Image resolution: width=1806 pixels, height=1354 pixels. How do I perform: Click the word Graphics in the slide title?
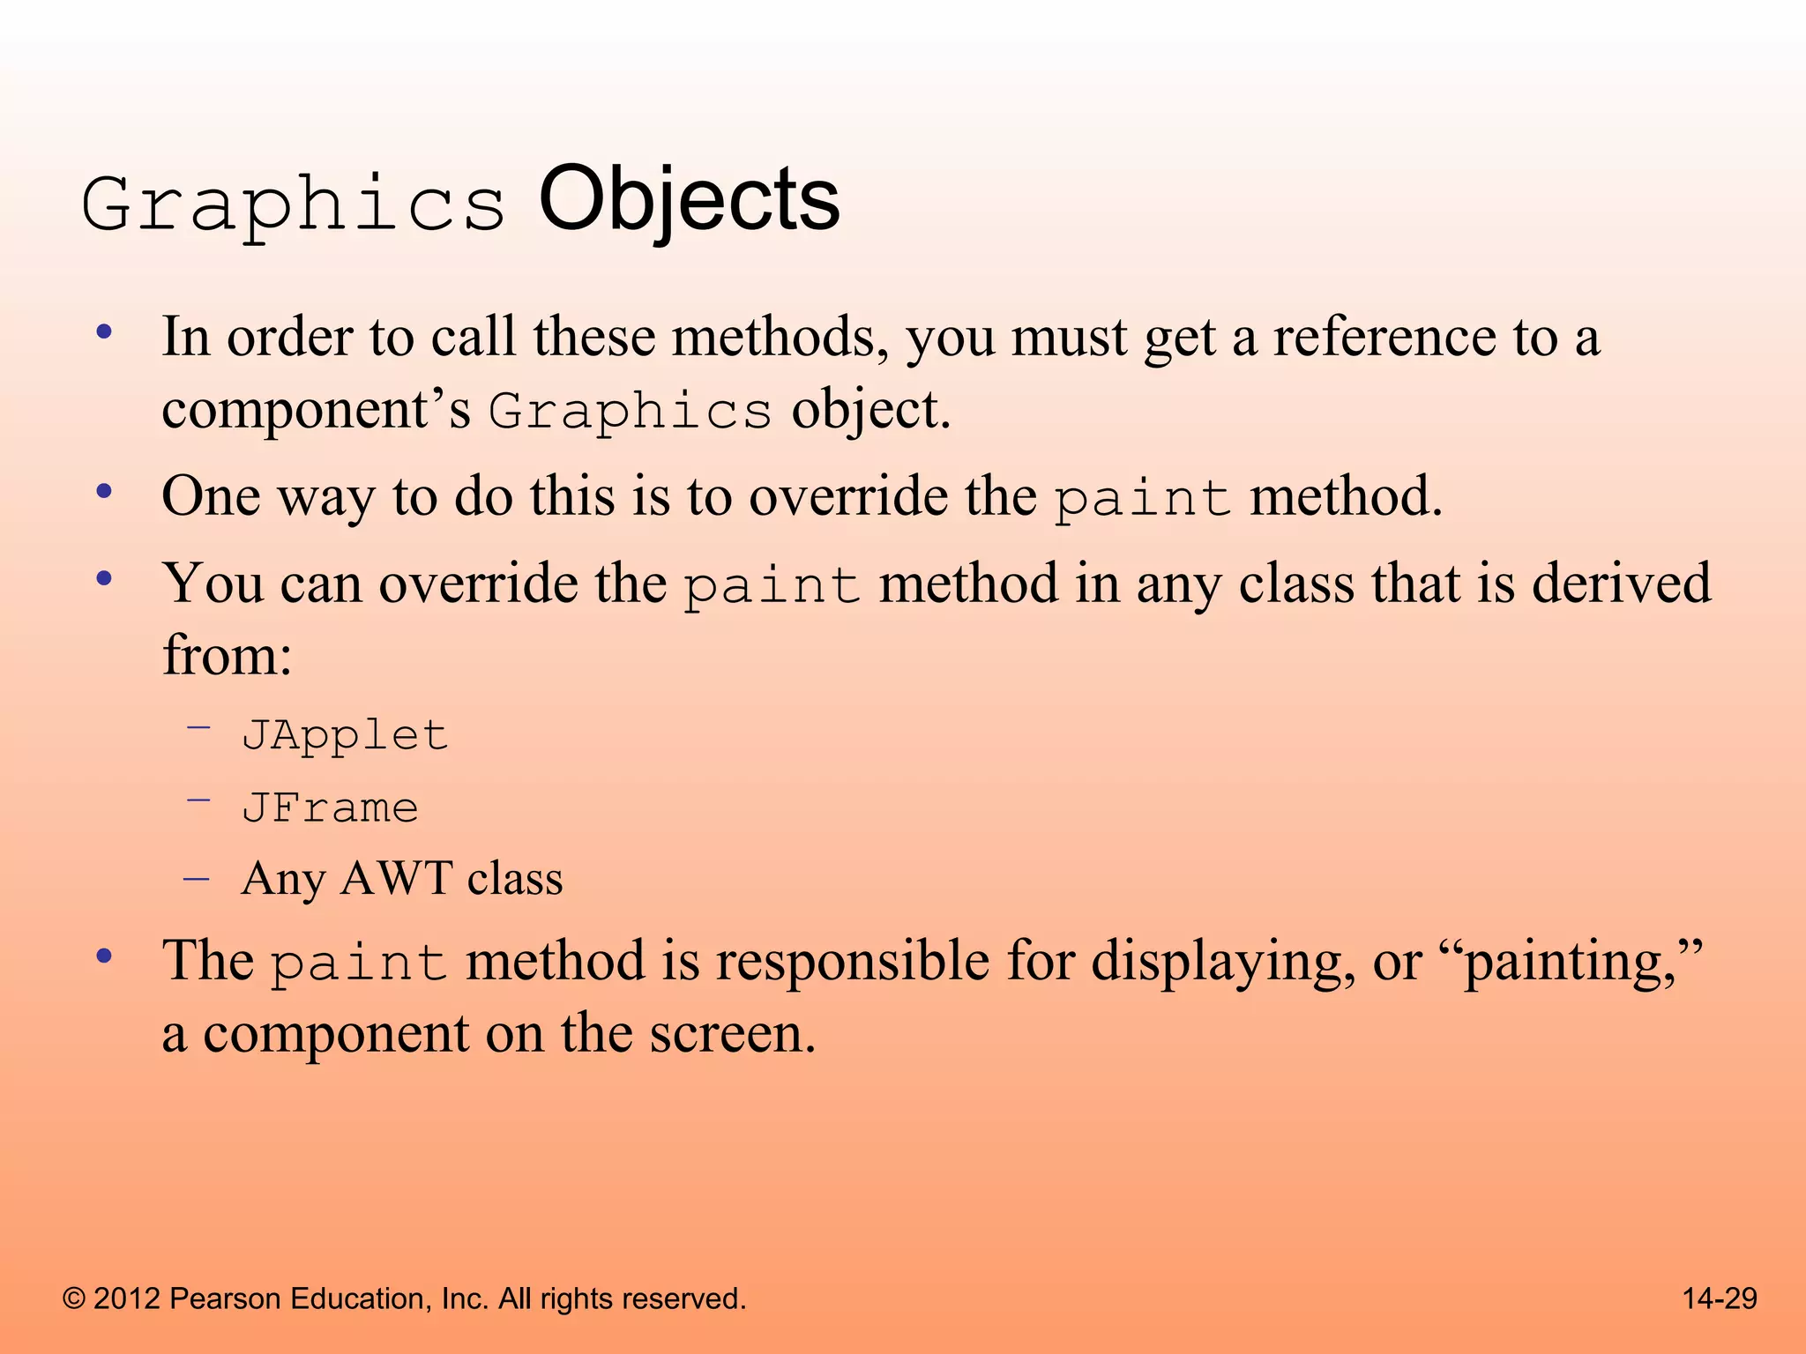[x=294, y=205]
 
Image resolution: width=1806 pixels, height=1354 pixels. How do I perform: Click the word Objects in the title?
[x=689, y=201]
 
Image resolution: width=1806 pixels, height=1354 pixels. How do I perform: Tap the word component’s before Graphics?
[x=317, y=410]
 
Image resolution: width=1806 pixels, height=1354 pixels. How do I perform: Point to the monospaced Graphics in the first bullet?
[x=631, y=412]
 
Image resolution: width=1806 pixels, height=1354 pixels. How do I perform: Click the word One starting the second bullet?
[x=211, y=496]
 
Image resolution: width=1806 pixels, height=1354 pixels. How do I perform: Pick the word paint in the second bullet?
[x=1143, y=499]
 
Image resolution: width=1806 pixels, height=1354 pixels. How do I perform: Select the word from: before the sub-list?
[x=228, y=656]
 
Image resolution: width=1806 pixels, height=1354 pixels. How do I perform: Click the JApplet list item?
[x=345, y=735]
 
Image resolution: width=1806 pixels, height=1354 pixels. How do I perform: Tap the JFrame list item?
[x=330, y=808]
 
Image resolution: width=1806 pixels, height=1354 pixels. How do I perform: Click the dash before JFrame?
[x=198, y=800]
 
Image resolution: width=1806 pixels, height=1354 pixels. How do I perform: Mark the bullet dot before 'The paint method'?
[x=105, y=956]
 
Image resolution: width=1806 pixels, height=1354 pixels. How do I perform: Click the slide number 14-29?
[x=1720, y=1298]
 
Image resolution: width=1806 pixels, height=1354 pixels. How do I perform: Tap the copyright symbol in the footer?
[x=74, y=1299]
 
